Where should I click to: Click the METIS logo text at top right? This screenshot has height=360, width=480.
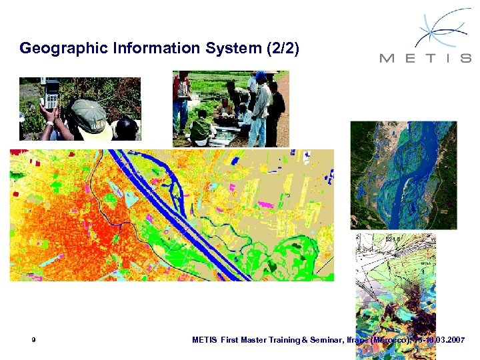point(425,58)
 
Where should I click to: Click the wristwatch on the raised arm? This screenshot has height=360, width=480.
point(49,123)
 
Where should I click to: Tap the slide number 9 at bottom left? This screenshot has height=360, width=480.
point(33,340)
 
